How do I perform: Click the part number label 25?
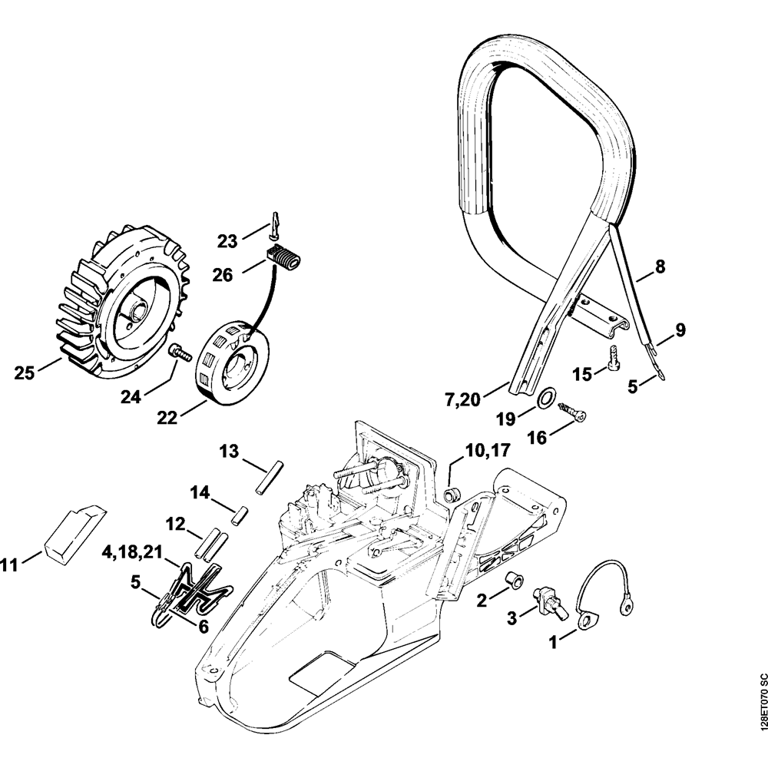click(25, 373)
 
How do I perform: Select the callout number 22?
click(167, 417)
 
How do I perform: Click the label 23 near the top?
click(227, 240)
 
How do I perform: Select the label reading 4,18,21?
click(133, 551)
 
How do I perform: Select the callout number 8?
click(660, 267)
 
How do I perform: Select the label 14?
click(200, 492)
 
